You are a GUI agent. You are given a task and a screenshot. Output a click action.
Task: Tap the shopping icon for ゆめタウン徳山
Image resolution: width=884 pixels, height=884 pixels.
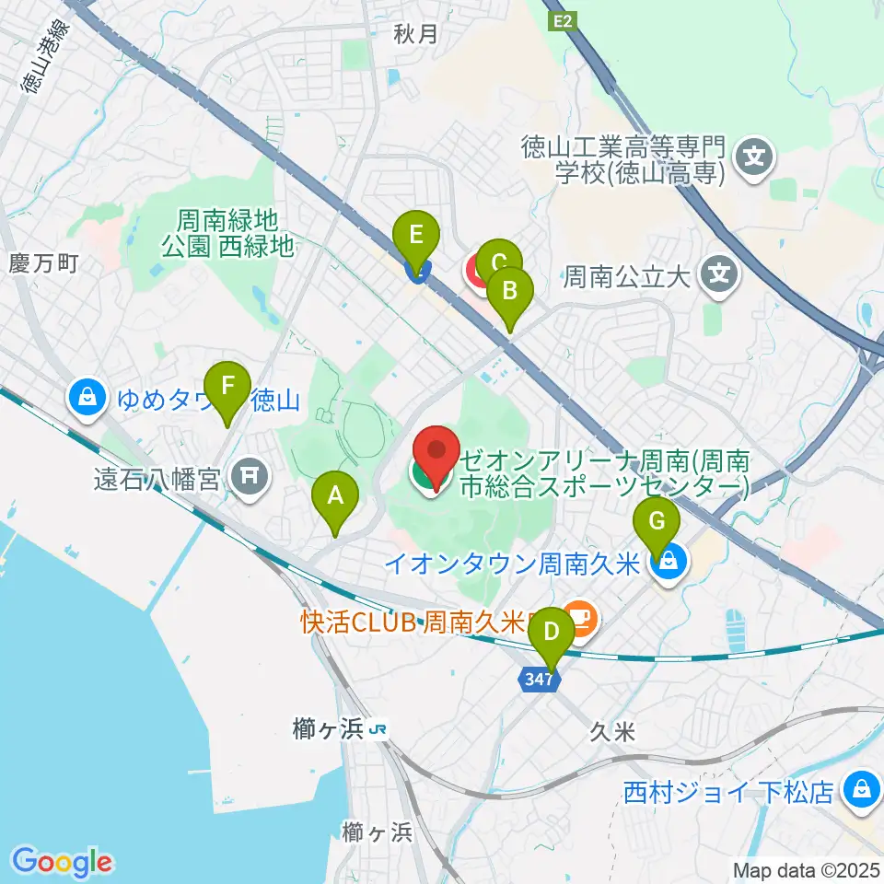[86, 399]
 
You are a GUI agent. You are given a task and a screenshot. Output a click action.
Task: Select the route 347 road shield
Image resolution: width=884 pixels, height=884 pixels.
[541, 680]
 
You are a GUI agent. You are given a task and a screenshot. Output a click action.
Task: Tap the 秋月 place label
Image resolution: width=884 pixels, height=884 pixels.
[414, 34]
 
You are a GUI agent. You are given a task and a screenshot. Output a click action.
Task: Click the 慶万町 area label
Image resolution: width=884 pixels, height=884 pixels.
[44, 263]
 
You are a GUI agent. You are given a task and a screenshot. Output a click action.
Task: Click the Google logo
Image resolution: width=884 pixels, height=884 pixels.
[62, 862]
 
